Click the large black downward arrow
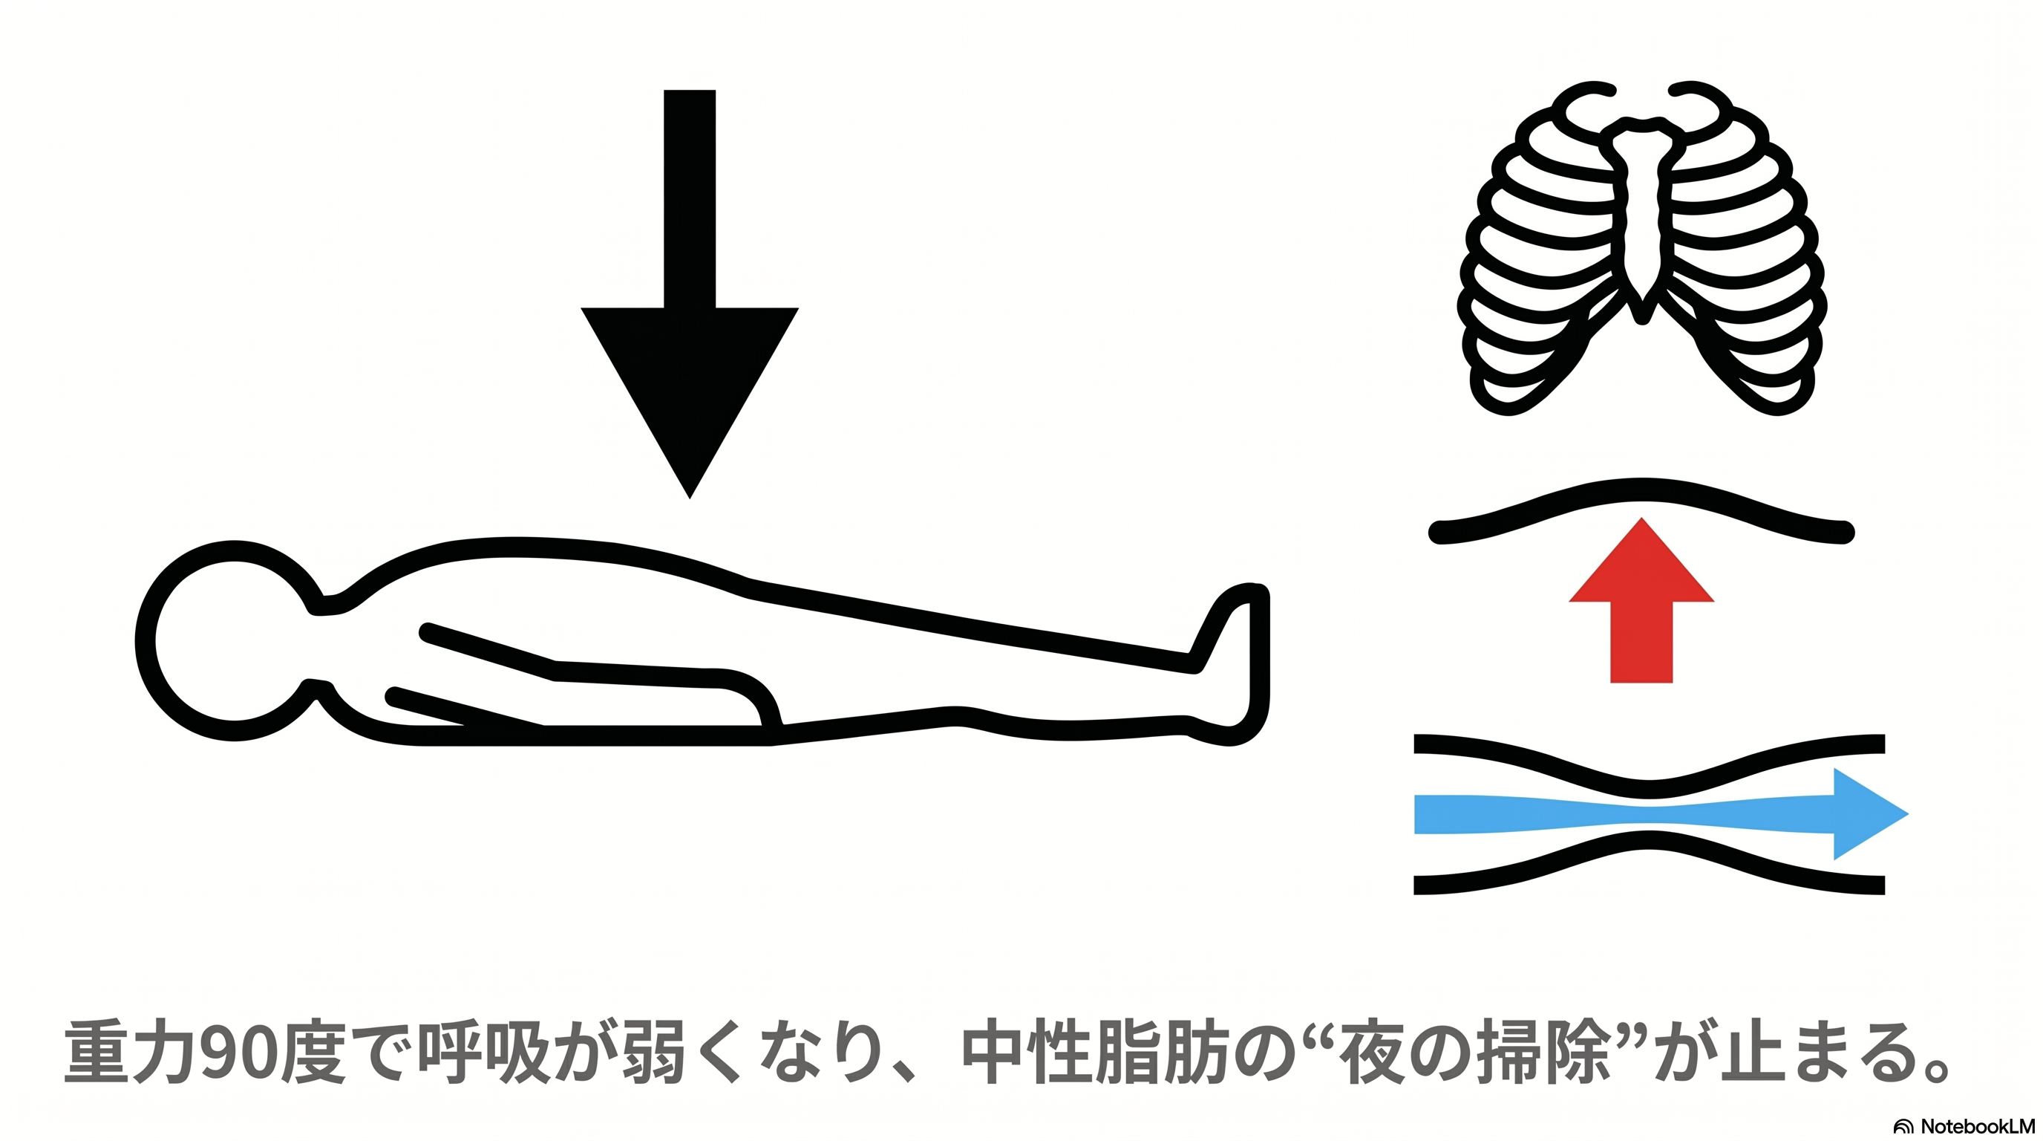(689, 293)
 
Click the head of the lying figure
(230, 641)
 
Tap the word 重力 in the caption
(130, 1052)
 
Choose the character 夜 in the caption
(1372, 1052)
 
